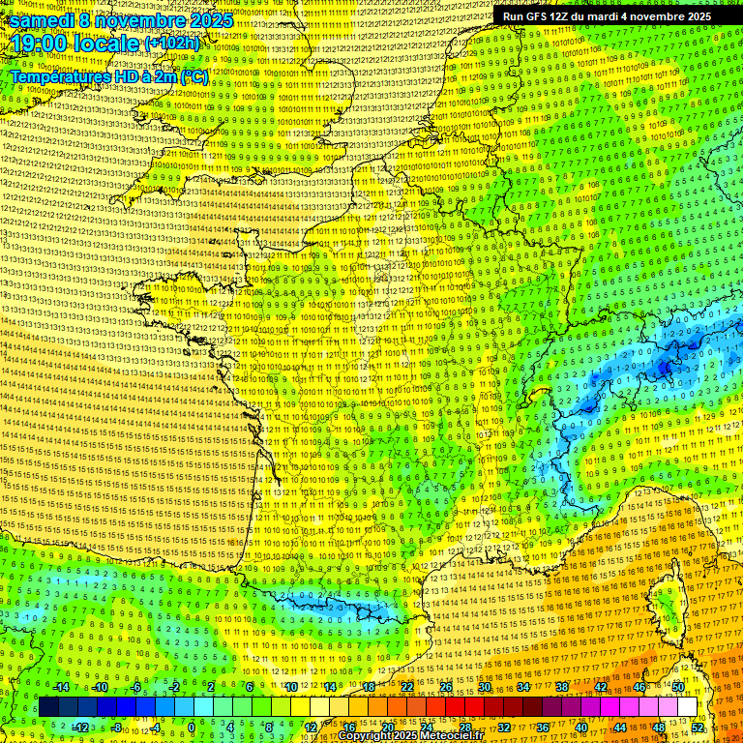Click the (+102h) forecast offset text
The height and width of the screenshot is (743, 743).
172,44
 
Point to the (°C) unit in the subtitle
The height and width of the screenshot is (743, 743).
193,76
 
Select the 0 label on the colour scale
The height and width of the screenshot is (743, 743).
192,727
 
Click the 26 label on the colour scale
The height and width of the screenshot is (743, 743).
446,687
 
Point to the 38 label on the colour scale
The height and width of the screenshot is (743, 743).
562,687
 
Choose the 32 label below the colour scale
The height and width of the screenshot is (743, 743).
504,727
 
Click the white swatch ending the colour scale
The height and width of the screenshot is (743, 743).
686,707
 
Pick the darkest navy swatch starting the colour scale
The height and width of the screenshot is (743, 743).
47,707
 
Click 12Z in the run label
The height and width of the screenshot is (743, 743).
565,16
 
